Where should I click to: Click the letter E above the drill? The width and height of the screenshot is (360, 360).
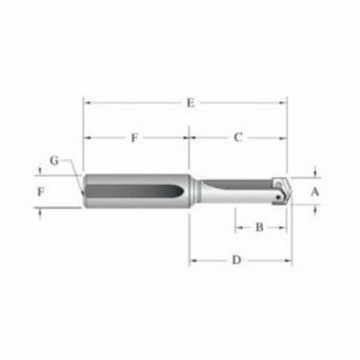pyautogui.click(x=190, y=103)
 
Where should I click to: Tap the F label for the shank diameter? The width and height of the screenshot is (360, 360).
pyautogui.click(x=41, y=192)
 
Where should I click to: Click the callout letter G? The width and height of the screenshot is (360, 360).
pyautogui.click(x=54, y=160)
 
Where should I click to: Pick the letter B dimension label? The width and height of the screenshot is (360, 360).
pyautogui.click(x=260, y=228)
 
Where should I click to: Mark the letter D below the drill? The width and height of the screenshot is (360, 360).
pyautogui.click(x=236, y=260)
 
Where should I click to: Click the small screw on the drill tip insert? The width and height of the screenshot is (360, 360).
pyautogui.click(x=278, y=195)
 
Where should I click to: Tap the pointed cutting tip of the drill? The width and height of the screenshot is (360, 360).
pyautogui.click(x=289, y=190)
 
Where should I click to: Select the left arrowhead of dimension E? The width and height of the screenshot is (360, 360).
pyautogui.click(x=87, y=103)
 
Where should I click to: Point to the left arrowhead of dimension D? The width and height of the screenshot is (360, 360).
pyautogui.click(x=192, y=260)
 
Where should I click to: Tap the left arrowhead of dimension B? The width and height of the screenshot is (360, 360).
pyautogui.click(x=236, y=228)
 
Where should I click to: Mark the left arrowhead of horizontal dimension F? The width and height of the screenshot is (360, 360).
pyautogui.click(x=87, y=138)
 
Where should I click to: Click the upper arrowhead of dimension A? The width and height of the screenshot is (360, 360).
pyautogui.click(x=315, y=174)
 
